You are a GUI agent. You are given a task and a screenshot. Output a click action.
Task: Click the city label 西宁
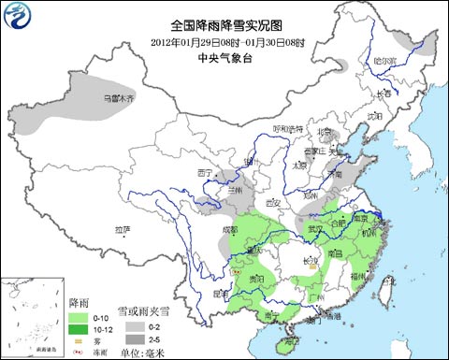coord(207,173)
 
